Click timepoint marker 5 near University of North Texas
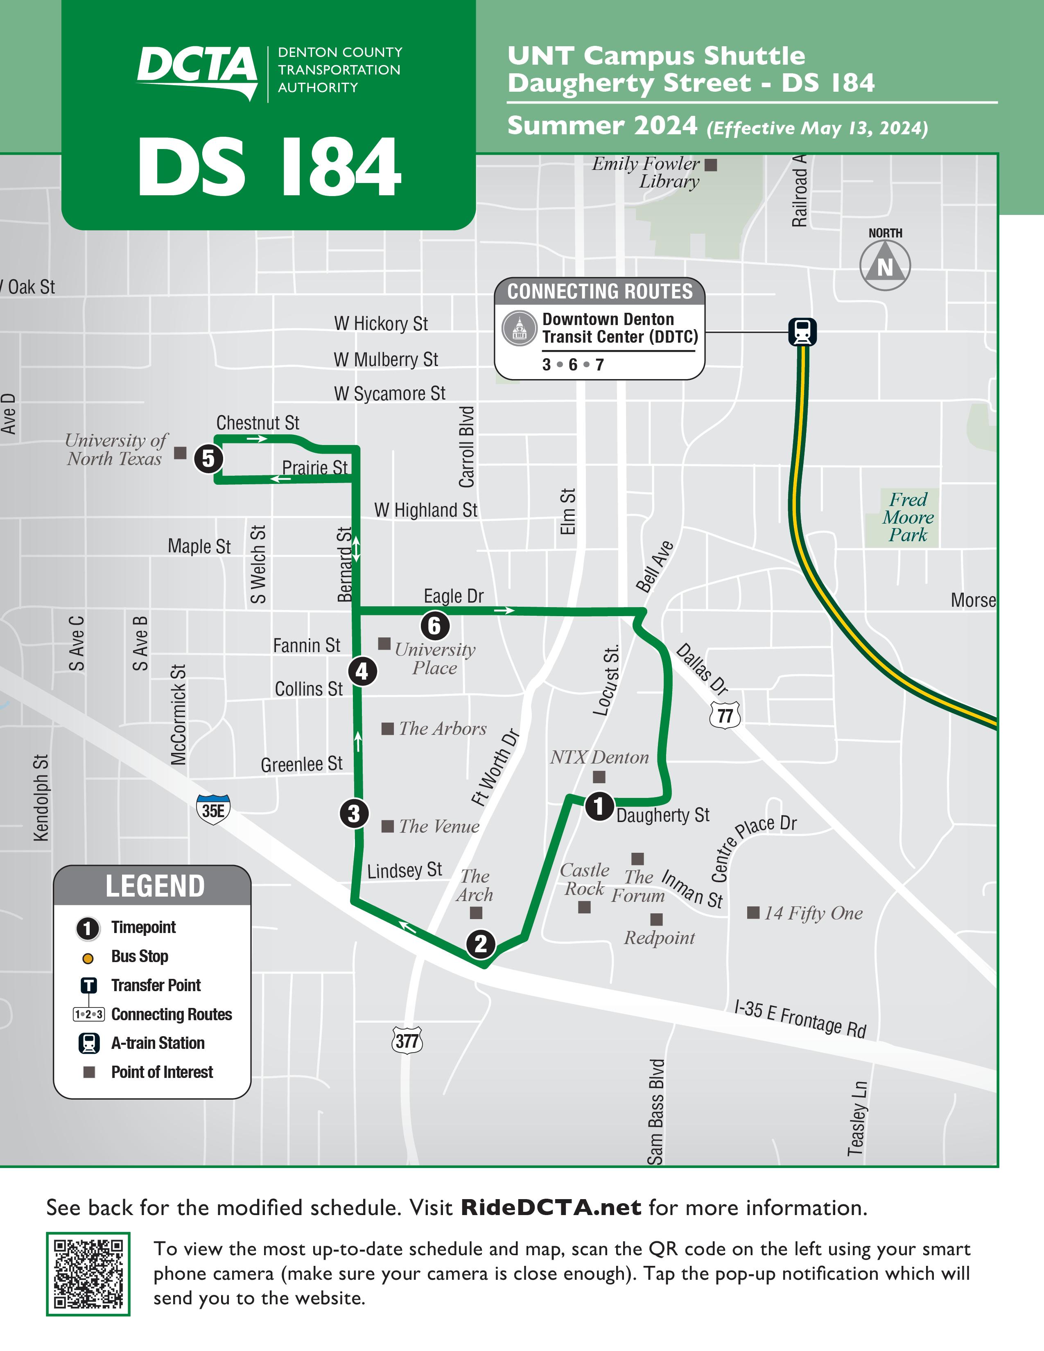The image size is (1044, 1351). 208,459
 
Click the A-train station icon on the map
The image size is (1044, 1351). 802,332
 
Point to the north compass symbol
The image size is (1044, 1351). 885,265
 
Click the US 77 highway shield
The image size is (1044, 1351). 725,716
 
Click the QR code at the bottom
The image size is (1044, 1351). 88,1274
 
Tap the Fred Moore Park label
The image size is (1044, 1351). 908,517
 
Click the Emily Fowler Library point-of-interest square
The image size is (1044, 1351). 711,165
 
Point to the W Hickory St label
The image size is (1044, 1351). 381,323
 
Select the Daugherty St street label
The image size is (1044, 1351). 663,815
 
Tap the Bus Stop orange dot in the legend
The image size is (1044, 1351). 88,958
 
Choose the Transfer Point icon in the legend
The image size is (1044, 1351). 89,985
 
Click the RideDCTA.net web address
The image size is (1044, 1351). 550,1207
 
